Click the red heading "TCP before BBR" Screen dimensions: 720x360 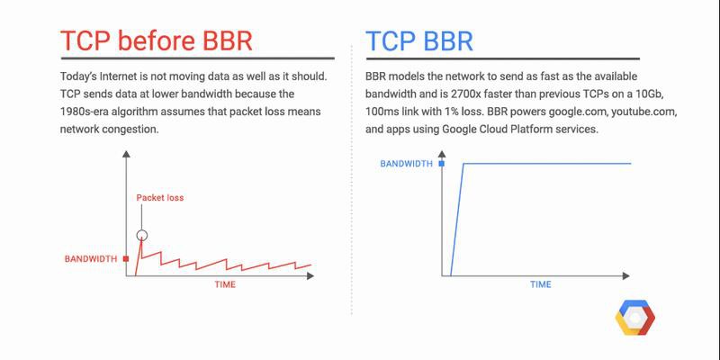coord(157,41)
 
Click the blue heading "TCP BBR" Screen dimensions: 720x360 coord(419,41)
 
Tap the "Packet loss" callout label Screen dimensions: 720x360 coord(160,198)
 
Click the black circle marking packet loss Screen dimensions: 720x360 coord(142,236)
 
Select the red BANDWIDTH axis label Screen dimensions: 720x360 coord(91,259)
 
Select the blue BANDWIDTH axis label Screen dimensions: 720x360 coord(407,164)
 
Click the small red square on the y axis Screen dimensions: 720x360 coord(126,259)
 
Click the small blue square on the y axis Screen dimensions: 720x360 coord(442,164)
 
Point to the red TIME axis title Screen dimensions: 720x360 coord(225,284)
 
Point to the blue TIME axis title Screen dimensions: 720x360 coord(541,284)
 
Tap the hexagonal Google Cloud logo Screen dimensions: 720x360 coord(635,318)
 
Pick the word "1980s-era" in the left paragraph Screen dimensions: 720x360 coord(83,112)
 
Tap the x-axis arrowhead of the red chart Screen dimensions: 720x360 coord(310,276)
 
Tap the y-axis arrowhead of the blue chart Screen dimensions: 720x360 coord(442,154)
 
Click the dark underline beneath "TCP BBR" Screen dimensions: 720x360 coord(502,58)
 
